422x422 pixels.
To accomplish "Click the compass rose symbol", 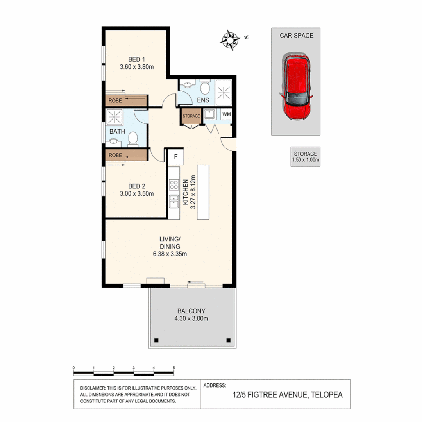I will [x=231, y=39].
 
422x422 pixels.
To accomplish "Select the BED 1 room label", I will [x=136, y=59].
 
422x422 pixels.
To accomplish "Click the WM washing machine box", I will [x=227, y=114].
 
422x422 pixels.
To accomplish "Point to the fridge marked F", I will [x=175, y=157].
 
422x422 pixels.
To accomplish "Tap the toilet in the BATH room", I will [x=133, y=138].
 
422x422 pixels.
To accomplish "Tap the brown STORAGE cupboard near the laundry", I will [x=191, y=116].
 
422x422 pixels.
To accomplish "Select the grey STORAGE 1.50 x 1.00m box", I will [x=306, y=157].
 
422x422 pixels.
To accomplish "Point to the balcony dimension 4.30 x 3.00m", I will [x=191, y=318].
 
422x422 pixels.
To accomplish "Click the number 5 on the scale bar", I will [x=173, y=368].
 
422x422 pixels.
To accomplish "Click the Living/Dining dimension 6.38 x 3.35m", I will [x=170, y=254].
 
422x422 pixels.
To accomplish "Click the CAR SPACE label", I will [x=296, y=36].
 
